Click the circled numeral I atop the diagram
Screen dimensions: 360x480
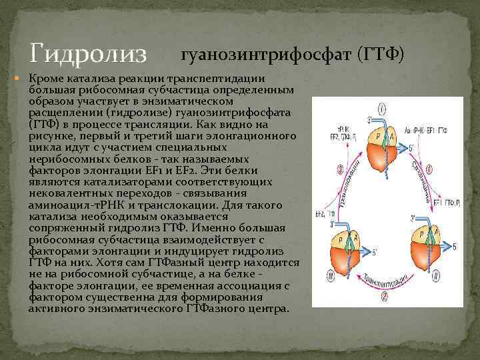(x=381, y=108)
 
